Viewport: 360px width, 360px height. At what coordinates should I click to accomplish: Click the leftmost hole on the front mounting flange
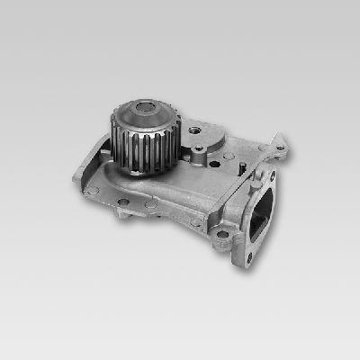coord(93,191)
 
